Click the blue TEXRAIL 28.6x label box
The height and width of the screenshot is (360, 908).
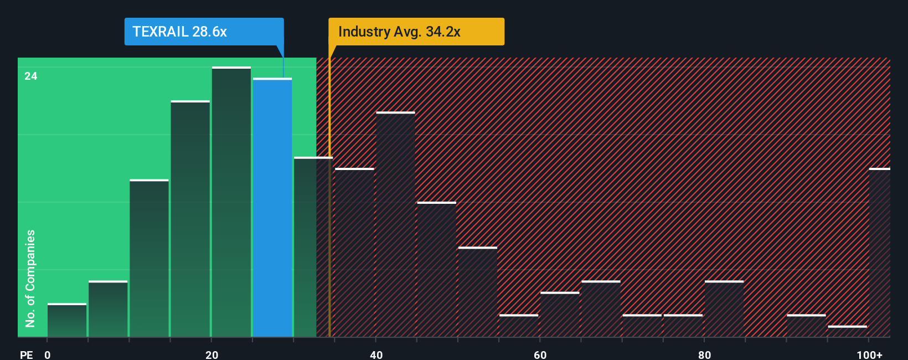203,32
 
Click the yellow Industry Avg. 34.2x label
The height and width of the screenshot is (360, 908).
416,32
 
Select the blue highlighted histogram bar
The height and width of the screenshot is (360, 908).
272,208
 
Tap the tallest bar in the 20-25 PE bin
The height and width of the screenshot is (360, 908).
231,202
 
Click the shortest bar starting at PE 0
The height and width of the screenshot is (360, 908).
67,320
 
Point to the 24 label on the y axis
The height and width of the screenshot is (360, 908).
31,76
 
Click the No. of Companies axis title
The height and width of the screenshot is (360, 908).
30,278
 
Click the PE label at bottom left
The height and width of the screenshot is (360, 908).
26,354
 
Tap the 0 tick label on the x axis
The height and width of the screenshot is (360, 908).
48,354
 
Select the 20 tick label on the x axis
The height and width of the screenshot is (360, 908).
211,354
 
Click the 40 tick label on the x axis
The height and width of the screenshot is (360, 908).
376,354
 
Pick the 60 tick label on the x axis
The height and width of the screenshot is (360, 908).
540,354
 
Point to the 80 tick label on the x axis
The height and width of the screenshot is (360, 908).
704,354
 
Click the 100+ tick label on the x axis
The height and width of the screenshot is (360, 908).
869,354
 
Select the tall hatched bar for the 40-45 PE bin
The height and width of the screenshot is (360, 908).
395,224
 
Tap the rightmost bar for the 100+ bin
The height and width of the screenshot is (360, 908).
879,253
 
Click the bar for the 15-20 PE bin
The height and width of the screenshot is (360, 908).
190,219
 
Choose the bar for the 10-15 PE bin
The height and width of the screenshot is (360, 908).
149,258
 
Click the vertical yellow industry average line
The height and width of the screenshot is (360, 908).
329,222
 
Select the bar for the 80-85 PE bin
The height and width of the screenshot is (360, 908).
724,309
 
